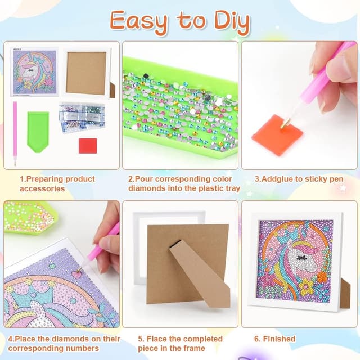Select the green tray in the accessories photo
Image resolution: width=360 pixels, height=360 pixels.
click(x=38, y=130)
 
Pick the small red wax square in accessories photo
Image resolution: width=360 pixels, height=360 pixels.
click(x=88, y=145)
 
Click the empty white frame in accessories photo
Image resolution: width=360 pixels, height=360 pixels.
click(x=85, y=73)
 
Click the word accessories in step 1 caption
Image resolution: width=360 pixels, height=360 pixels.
click(x=43, y=188)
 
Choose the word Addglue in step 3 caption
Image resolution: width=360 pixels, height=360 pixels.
click(x=280, y=179)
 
